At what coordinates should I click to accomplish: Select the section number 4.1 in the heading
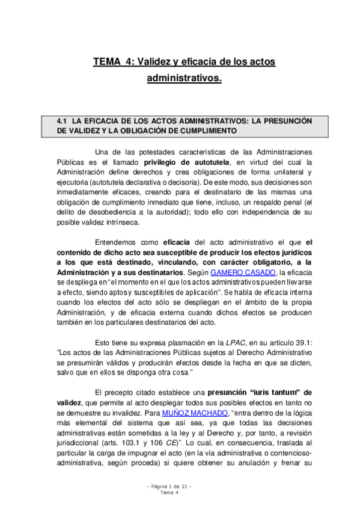pyautogui.click(x=63, y=120)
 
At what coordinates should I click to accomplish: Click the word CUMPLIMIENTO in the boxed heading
pyautogui.click(x=207, y=131)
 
